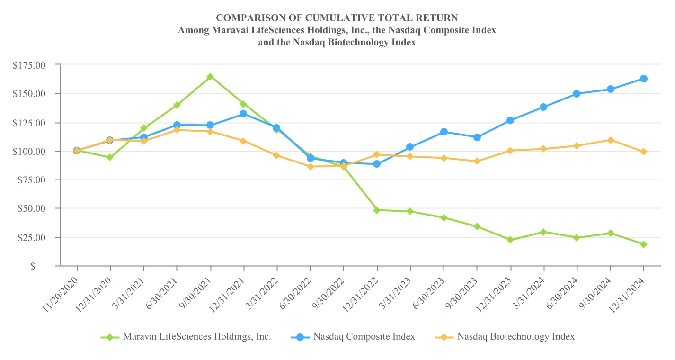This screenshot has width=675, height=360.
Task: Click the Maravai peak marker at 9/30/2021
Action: (x=210, y=77)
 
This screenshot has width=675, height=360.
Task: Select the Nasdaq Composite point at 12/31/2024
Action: (x=644, y=79)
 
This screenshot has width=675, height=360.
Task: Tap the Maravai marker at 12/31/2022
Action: (x=377, y=210)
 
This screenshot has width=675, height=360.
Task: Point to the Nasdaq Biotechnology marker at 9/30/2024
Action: (x=610, y=140)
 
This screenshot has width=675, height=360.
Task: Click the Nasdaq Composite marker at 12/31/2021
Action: (x=243, y=114)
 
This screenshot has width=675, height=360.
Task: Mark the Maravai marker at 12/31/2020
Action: (x=110, y=157)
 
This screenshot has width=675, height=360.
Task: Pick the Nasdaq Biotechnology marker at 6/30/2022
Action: (x=310, y=166)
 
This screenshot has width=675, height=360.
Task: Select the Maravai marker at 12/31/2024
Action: (x=644, y=244)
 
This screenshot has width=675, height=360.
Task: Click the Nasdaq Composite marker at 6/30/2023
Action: (x=444, y=132)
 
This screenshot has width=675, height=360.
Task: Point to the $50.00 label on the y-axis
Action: (x=32, y=209)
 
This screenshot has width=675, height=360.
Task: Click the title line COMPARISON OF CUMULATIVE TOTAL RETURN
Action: (x=337, y=18)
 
